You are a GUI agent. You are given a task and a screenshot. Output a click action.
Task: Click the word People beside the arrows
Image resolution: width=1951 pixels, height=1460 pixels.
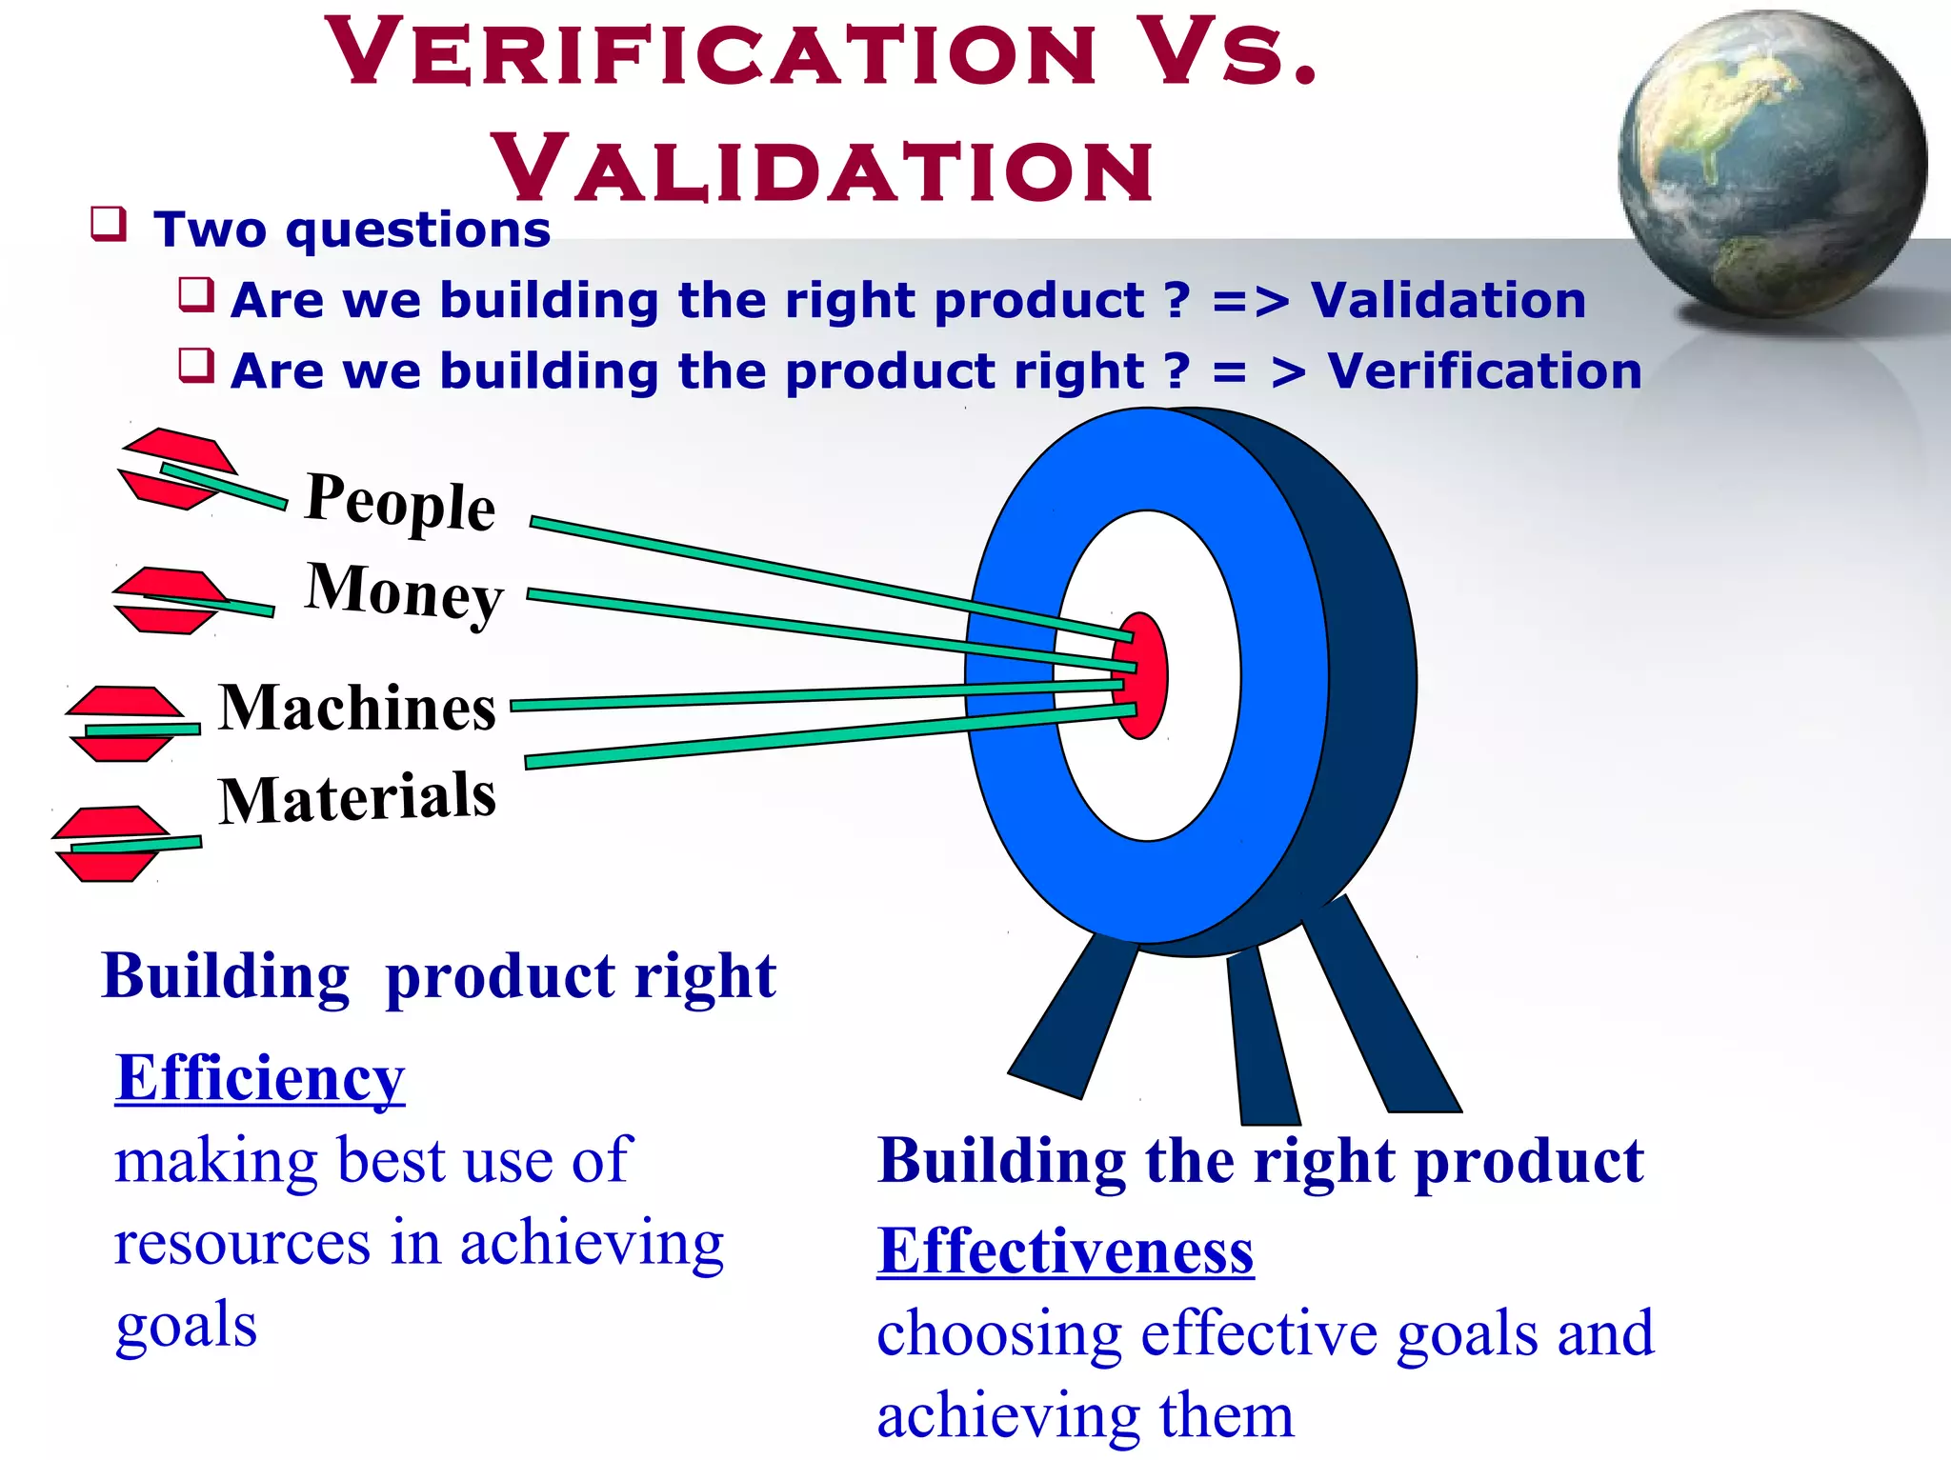pos(400,502)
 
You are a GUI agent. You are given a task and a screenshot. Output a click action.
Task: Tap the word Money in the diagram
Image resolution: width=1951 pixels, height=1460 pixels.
pos(404,591)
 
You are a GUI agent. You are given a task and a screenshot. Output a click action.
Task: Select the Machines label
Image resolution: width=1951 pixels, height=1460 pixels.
pos(357,709)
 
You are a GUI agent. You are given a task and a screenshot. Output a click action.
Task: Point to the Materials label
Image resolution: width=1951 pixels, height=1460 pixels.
pos(357,797)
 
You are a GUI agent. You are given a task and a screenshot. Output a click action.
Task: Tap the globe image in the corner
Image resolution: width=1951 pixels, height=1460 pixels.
pos(1771,162)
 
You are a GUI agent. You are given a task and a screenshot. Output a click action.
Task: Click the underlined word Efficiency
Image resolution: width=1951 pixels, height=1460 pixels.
pos(260,1078)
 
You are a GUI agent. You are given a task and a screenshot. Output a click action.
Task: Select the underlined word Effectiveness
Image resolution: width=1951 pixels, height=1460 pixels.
pos(1065,1250)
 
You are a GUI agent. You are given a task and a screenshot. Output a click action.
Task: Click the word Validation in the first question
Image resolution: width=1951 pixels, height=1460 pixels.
pos(1448,301)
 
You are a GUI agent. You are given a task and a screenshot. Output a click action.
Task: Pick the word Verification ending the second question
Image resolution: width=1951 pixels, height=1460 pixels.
pos(1484,371)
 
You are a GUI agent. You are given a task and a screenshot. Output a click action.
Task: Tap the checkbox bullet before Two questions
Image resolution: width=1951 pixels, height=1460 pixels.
pos(109,225)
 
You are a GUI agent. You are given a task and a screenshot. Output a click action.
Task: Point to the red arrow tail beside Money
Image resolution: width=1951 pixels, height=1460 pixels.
pos(169,600)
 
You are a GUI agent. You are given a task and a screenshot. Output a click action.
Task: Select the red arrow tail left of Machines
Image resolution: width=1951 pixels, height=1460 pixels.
pos(124,724)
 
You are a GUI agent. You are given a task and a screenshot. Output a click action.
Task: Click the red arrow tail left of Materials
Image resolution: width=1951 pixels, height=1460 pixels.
pos(110,844)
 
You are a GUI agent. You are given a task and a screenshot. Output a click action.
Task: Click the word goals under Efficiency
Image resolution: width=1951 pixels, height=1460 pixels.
pos(186,1325)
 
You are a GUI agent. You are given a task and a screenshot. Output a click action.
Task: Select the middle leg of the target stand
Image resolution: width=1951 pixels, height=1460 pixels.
pos(1262,1038)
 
